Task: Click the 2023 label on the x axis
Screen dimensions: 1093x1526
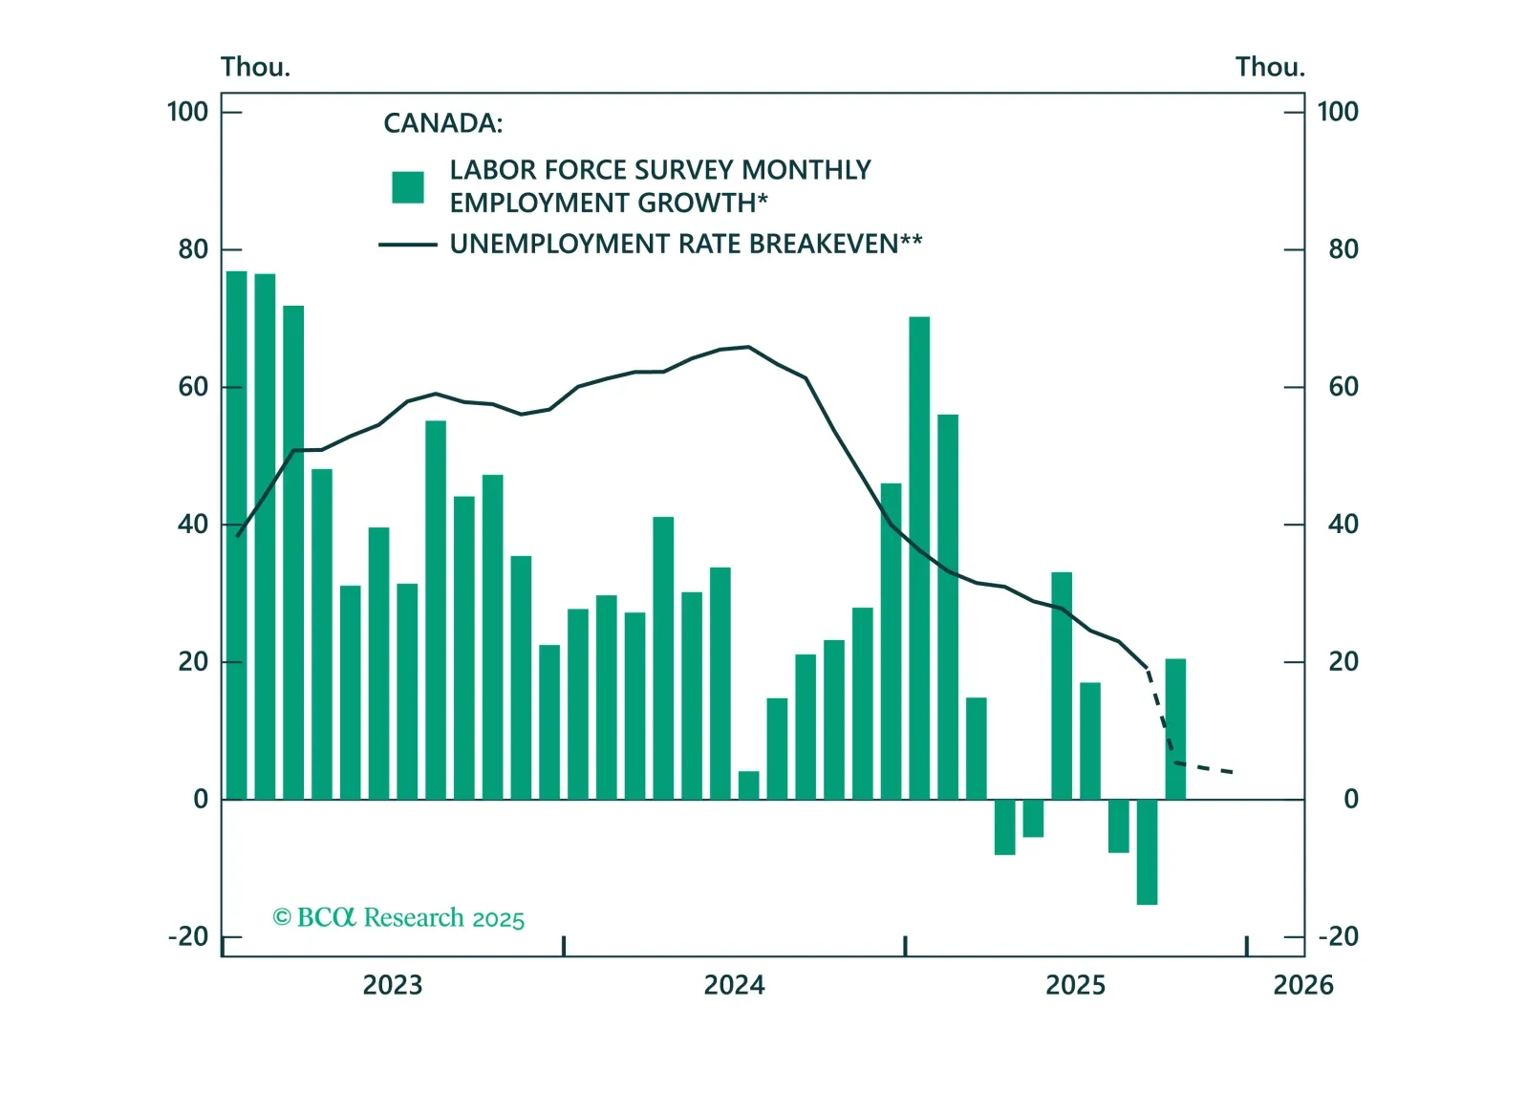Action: (392, 985)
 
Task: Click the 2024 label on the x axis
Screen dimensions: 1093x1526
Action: (734, 985)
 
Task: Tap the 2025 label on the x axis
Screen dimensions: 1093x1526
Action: (1075, 985)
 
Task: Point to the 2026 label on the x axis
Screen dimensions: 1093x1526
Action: (1302, 985)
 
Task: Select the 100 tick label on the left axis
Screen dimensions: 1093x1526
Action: (187, 112)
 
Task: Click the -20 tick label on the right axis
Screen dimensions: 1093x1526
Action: (1338, 936)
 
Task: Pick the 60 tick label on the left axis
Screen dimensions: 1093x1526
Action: (192, 387)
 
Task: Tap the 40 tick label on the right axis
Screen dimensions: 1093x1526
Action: (1343, 525)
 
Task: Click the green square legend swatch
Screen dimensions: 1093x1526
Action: (408, 187)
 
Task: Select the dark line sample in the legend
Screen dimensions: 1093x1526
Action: (408, 245)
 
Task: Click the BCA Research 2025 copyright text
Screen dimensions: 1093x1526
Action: (398, 918)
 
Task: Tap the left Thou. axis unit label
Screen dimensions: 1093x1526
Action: (255, 67)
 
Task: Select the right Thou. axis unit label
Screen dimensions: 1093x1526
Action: (1269, 67)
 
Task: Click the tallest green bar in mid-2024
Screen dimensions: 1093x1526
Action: (919, 558)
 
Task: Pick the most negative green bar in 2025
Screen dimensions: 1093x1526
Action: (1147, 851)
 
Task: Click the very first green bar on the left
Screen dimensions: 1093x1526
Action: (236, 535)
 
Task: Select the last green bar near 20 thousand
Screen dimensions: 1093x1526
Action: (1175, 729)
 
